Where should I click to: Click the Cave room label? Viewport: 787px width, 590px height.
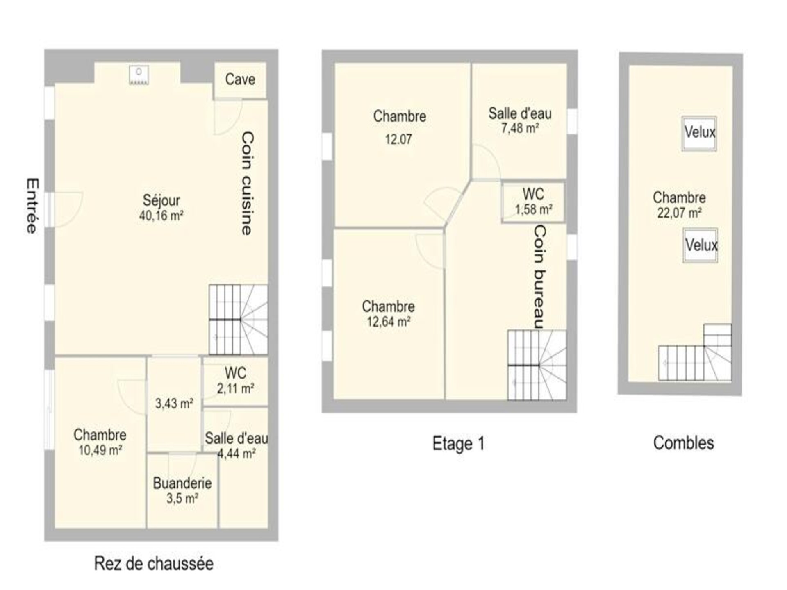(x=240, y=79)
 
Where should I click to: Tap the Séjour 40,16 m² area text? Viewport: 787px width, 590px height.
(x=161, y=208)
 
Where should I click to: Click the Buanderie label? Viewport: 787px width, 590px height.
(x=182, y=491)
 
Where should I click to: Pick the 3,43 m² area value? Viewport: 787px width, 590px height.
(x=174, y=404)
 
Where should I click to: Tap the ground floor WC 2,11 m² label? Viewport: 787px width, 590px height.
(x=236, y=380)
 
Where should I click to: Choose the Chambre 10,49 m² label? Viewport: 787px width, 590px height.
(x=100, y=442)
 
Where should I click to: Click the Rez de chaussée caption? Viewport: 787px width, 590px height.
(x=154, y=563)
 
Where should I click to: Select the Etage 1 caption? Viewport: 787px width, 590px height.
(x=459, y=443)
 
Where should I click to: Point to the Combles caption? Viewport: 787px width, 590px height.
(x=684, y=443)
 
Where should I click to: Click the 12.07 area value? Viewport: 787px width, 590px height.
(x=398, y=140)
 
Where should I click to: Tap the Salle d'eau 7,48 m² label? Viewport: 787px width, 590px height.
(x=520, y=120)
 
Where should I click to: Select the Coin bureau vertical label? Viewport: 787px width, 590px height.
(x=539, y=277)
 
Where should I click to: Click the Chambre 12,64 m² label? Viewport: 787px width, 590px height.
(x=389, y=314)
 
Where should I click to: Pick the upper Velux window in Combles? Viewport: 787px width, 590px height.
(x=699, y=134)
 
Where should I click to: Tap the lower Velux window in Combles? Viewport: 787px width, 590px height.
(x=701, y=245)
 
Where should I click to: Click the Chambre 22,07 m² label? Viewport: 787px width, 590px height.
(x=680, y=205)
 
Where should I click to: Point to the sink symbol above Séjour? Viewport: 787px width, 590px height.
(x=139, y=75)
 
